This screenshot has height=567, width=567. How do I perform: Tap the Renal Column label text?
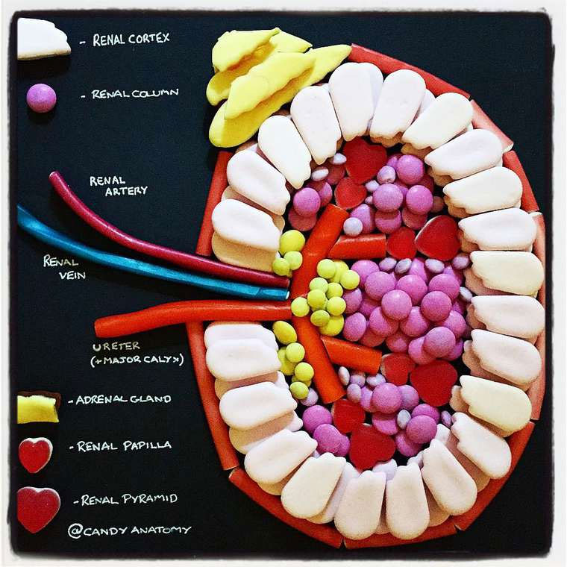(x=135, y=95)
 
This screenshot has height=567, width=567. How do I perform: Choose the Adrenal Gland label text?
(x=124, y=399)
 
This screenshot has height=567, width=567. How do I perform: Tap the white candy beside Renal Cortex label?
(x=42, y=39)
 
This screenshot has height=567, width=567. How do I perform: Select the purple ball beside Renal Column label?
(x=41, y=98)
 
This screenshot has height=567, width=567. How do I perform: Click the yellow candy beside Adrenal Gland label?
(x=37, y=408)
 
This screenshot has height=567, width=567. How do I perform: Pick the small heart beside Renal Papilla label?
(x=34, y=454)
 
